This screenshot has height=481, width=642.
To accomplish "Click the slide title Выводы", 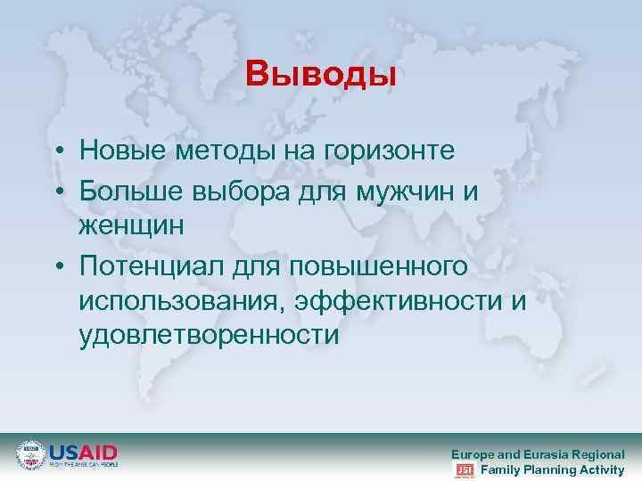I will coord(321,74).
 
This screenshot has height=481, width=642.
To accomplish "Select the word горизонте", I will coord(393,151).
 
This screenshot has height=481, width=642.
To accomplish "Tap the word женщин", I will coord(131,226).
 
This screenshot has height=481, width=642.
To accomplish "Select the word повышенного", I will coord(385,265).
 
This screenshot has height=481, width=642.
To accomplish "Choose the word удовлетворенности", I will coord(209,338).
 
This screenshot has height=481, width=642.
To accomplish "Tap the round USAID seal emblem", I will coord(30,455).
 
